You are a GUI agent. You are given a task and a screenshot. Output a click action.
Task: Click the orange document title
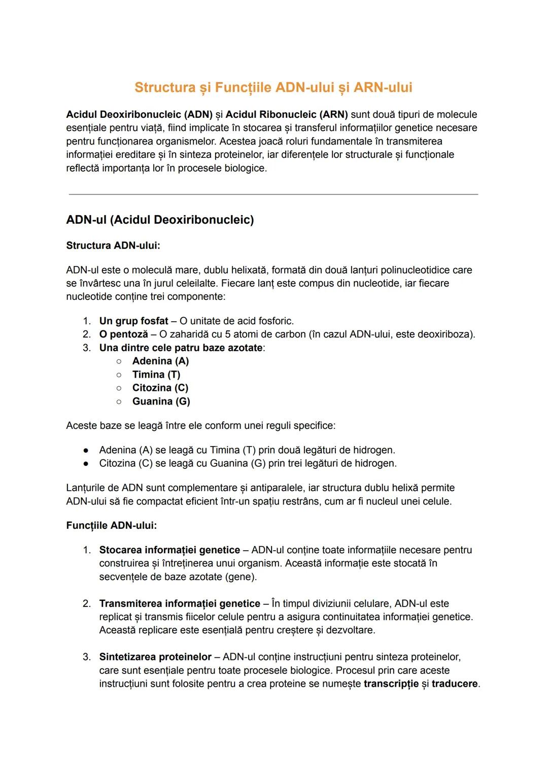coord(273,87)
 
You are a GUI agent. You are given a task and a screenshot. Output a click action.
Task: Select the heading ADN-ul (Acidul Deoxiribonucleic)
coord(160,220)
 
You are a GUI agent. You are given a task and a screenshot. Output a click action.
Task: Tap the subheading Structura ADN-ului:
coord(113,246)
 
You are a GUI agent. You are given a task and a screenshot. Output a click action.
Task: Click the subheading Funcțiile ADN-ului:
coord(111,525)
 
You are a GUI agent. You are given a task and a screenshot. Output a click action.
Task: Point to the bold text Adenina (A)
coord(160,361)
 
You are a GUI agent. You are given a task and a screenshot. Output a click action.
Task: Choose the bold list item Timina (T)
coord(156,375)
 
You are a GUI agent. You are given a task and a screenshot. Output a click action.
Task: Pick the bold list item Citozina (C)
coord(160,388)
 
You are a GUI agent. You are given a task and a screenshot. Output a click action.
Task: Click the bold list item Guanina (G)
coord(161,401)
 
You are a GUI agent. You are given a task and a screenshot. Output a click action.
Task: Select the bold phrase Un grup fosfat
coord(133,321)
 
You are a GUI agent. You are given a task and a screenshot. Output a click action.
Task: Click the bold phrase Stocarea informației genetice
coord(169,550)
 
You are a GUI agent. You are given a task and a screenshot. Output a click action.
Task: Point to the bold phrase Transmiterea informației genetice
coord(180,603)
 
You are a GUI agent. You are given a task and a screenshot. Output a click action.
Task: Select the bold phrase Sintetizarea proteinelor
coord(155,657)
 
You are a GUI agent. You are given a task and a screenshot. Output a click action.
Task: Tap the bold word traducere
coord(455,684)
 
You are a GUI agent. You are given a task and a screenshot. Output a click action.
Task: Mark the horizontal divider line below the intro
coord(273,194)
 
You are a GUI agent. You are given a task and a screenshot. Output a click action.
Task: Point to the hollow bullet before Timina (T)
coord(118,375)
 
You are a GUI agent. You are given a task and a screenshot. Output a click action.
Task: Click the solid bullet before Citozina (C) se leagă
coord(87,463)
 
